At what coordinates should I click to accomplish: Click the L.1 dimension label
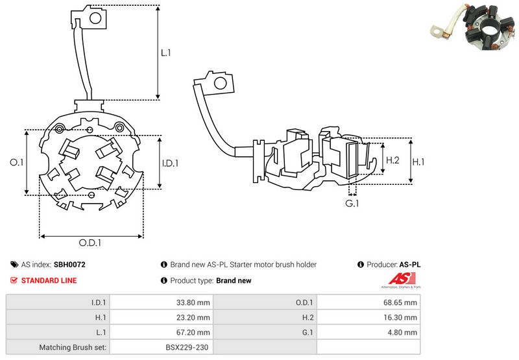166,53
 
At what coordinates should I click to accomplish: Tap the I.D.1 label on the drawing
171,163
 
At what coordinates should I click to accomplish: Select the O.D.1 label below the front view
91,243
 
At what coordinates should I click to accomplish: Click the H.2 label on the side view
392,160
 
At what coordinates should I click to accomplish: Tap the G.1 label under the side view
352,204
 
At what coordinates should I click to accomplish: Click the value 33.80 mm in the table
194,302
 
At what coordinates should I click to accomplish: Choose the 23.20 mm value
194,317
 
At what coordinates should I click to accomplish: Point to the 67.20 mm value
194,332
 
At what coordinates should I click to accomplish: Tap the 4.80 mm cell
404,332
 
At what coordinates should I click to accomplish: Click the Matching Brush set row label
73,347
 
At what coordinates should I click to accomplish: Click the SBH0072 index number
69,265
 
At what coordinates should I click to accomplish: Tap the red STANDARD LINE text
49,280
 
